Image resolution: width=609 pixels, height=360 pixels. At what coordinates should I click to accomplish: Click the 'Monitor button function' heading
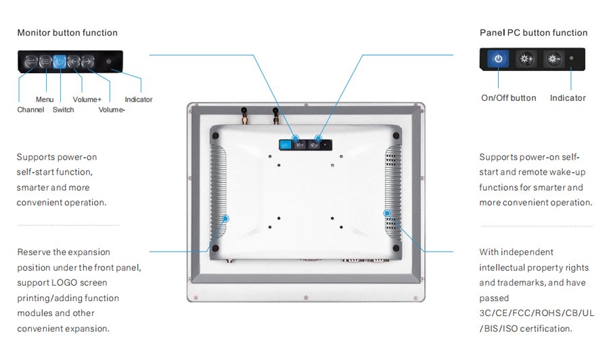67,32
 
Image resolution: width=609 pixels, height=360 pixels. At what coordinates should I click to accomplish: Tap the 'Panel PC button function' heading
533,32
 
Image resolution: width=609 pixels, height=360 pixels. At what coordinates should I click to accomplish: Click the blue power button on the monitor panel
60,62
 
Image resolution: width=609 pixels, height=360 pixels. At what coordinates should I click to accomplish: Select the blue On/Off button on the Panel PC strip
498,59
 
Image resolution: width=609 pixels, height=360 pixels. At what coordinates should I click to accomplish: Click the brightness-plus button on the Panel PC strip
526,59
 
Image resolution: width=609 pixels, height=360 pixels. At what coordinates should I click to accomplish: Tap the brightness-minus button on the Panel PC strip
554,59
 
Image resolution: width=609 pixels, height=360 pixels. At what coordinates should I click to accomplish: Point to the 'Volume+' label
87,99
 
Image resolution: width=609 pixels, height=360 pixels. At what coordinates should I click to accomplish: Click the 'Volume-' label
112,110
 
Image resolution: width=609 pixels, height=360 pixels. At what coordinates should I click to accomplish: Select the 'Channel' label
30,110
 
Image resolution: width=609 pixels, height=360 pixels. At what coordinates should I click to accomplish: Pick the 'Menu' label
45,99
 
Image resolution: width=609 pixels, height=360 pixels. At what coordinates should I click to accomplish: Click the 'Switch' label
64,110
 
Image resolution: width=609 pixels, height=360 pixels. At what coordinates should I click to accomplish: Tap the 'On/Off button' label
508,98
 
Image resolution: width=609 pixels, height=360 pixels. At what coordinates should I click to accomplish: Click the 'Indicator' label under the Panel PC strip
568,98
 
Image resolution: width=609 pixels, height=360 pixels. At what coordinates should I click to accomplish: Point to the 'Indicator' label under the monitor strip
139,99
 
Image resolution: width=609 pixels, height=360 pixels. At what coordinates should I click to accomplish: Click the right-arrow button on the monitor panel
88,62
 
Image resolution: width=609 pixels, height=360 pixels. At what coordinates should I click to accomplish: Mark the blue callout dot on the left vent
225,219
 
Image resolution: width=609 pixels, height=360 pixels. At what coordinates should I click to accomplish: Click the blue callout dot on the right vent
387,213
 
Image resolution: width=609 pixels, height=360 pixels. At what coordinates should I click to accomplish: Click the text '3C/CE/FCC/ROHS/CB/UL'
537,313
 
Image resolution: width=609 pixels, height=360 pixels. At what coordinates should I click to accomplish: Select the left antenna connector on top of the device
245,115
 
